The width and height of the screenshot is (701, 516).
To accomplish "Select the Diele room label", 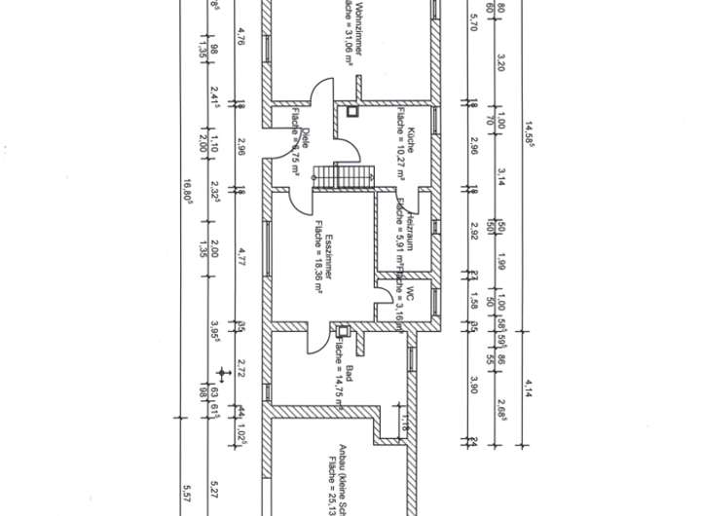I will pos(305,135).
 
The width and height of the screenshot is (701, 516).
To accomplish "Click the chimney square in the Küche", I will pos(352,112).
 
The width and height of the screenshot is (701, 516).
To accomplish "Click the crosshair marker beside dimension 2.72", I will pos(225,371).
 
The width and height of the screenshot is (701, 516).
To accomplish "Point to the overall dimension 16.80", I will pos(186,191).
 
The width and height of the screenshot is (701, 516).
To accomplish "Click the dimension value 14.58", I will pos(532,131).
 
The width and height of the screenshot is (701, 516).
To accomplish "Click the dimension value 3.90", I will pos(472,384).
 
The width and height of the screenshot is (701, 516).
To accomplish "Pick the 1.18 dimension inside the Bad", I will pos(402,422).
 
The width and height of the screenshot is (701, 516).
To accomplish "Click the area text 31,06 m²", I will pos(348,39).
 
